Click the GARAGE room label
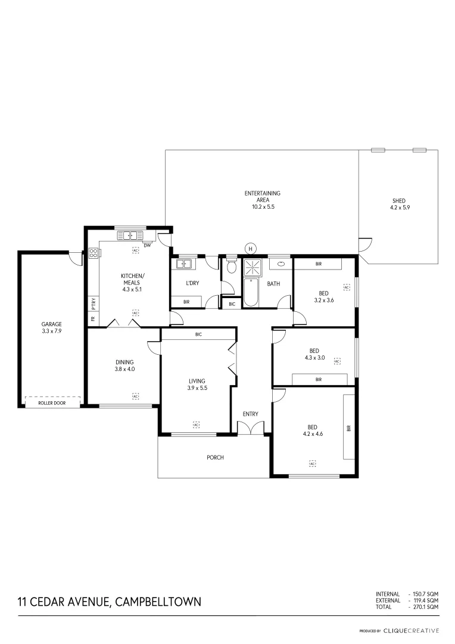point(51,324)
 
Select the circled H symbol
point(251,248)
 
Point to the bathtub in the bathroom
point(251,293)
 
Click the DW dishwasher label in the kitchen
point(147,244)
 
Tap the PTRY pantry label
point(93,303)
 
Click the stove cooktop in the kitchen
point(94,253)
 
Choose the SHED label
point(398,201)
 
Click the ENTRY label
point(250,414)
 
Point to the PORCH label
point(215,457)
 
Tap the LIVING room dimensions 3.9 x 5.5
point(197,388)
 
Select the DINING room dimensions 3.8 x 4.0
point(124,369)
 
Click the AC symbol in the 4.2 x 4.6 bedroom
point(312,463)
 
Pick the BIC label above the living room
point(198,335)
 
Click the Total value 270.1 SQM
point(425,606)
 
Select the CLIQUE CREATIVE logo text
point(411,630)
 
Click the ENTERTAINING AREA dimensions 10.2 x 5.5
point(263,207)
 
